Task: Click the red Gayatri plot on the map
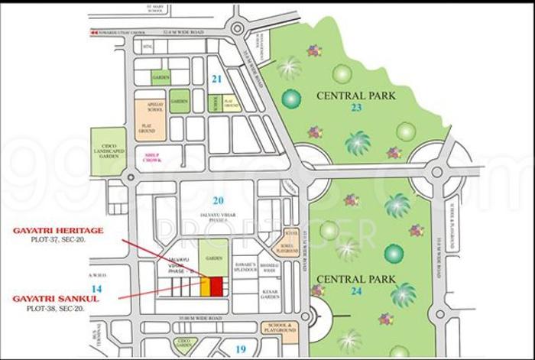216,287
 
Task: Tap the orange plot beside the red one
206,287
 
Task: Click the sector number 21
216,79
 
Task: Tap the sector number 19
241,349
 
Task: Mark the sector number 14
96,288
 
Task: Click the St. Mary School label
160,9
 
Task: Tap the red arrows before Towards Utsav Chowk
93,33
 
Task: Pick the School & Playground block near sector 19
280,332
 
